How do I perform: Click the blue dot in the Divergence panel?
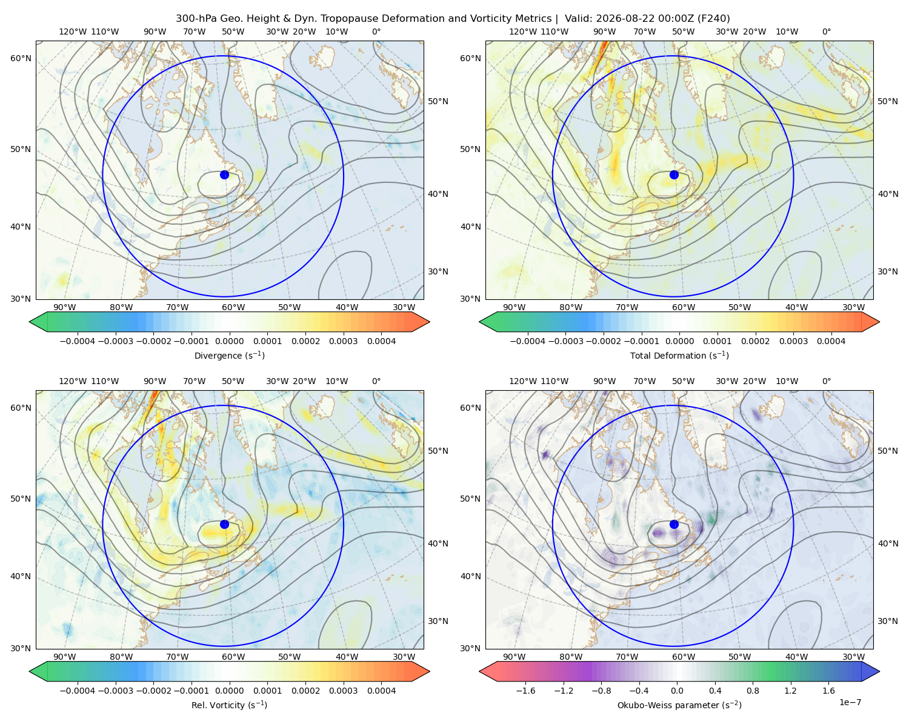(x=224, y=174)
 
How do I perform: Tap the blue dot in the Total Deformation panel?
(x=674, y=174)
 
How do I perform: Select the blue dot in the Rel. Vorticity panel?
(x=224, y=524)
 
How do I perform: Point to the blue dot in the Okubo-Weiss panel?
(x=674, y=524)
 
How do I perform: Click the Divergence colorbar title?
(x=229, y=355)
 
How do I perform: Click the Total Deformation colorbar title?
(x=679, y=355)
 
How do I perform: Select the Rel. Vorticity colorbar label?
(x=229, y=705)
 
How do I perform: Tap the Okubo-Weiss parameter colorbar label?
(x=679, y=705)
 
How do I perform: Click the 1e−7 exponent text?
(x=850, y=702)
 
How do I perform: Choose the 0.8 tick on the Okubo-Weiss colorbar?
(x=753, y=690)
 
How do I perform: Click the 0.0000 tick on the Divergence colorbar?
(x=229, y=341)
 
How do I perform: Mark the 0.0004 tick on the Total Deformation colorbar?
(x=831, y=341)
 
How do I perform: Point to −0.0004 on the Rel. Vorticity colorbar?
(x=78, y=690)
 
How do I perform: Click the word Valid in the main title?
(x=578, y=19)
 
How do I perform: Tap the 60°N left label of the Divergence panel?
(x=21, y=58)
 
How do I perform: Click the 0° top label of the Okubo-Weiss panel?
(x=826, y=381)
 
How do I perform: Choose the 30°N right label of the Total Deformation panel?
(x=888, y=271)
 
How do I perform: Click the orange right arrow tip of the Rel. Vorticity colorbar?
(x=429, y=671)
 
